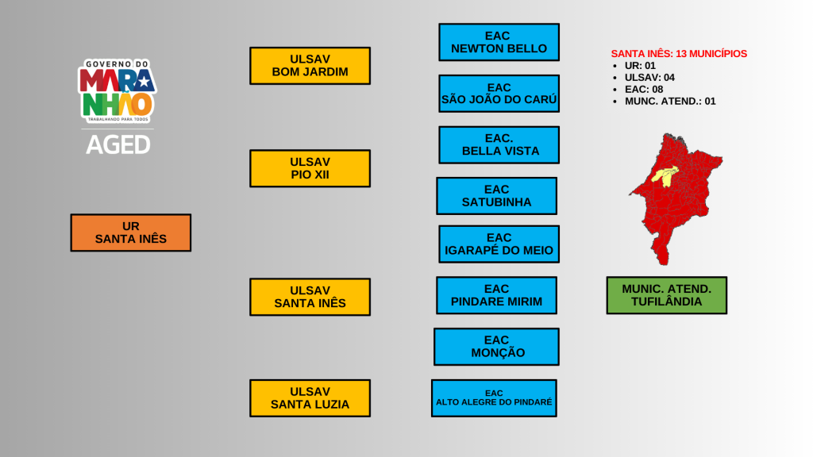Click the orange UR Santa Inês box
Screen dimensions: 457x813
[130, 232]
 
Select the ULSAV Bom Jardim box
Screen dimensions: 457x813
[310, 66]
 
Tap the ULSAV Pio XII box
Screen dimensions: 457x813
[310, 168]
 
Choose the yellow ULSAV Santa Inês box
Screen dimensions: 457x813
[310, 297]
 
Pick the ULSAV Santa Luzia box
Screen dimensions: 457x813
[310, 398]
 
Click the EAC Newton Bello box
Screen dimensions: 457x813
[499, 42]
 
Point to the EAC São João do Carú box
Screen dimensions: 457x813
[499, 94]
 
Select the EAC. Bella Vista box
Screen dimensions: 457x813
[499, 144]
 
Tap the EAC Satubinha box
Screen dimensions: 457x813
[496, 196]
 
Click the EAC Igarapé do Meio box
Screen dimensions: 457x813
[499, 244]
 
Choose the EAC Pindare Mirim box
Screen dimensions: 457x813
[496, 295]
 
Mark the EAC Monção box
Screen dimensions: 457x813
[496, 347]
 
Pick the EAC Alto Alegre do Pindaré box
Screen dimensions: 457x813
[494, 398]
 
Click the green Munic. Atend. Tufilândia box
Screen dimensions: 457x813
[666, 295]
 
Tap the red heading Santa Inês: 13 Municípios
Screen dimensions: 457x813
[679, 54]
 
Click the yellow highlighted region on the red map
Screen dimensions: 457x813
[665, 175]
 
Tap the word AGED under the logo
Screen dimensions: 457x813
[118, 144]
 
